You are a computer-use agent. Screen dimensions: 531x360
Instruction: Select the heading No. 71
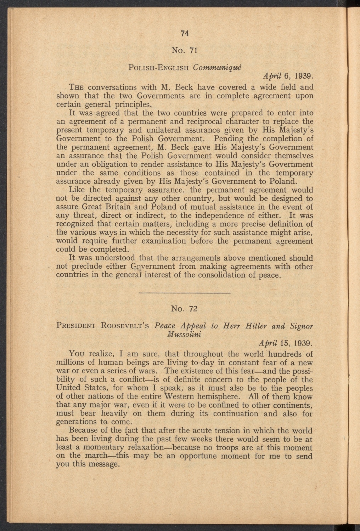click(184, 50)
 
